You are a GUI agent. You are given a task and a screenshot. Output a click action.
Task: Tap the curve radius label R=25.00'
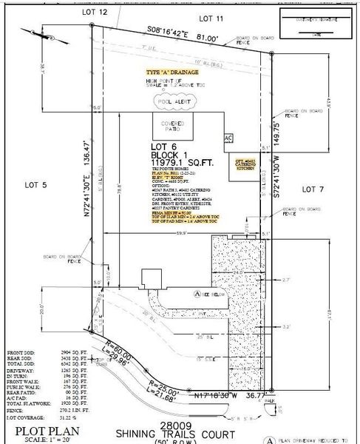click(164, 386)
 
